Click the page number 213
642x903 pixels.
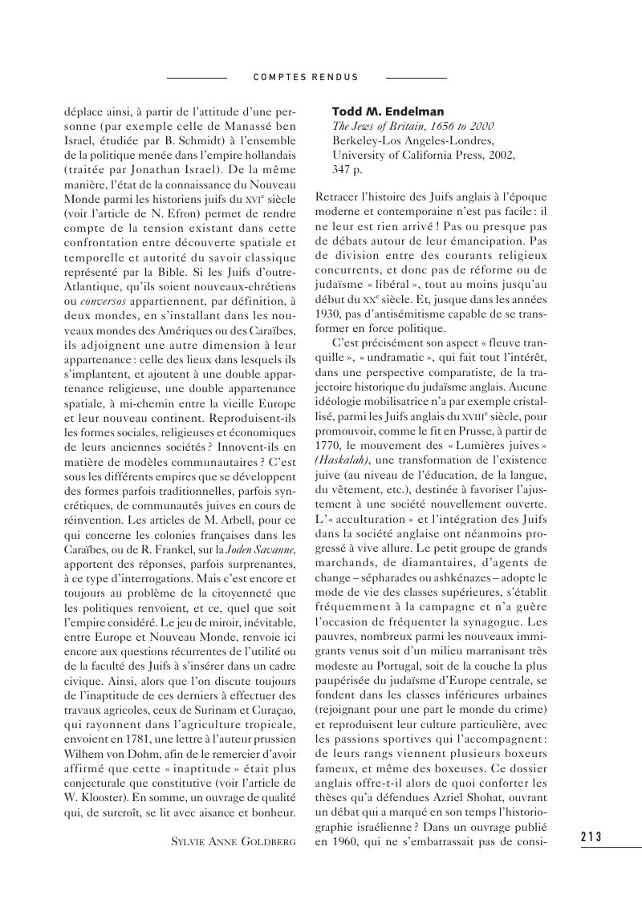click(x=591, y=836)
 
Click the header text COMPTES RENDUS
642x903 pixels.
click(x=306, y=78)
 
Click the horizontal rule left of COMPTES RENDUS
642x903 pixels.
click(x=197, y=78)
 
